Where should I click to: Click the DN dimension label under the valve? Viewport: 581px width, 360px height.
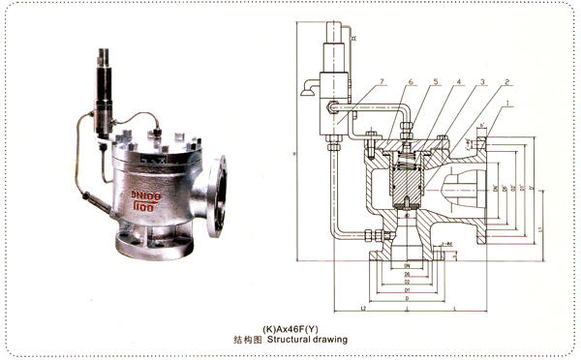tap(408, 265)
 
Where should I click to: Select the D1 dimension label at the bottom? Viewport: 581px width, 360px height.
tap(408, 290)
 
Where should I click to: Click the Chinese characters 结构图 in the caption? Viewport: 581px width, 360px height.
tap(250, 341)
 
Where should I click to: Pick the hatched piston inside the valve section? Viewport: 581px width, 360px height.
tap(408, 179)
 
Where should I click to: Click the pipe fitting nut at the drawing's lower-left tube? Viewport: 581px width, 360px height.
tap(372, 232)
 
